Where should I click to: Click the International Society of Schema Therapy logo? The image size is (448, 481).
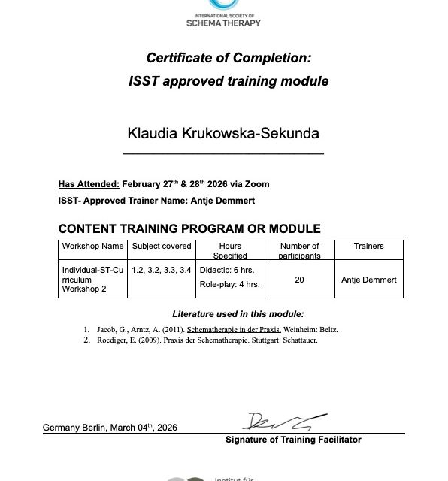pos(223,13)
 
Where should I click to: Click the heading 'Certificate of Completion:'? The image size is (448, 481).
pos(228,58)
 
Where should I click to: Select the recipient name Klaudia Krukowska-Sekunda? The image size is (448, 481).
pos(223,134)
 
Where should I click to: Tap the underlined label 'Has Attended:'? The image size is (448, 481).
pos(89,184)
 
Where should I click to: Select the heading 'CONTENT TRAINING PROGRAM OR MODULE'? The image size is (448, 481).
pos(189,228)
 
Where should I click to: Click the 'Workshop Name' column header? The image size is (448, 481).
pos(92,247)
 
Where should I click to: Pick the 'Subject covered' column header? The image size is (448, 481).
pos(162,247)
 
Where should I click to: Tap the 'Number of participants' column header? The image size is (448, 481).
pos(299,250)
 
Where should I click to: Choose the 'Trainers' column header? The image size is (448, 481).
pos(368,247)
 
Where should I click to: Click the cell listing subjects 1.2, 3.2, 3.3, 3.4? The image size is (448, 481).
pos(162,269)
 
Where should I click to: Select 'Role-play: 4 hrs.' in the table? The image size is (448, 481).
pos(230,284)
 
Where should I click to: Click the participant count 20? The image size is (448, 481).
pos(299,280)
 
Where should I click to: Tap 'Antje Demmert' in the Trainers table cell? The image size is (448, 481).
pos(368,280)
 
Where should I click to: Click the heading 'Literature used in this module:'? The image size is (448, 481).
pos(238,314)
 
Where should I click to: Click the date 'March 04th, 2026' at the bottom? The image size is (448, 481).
pos(144,428)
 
